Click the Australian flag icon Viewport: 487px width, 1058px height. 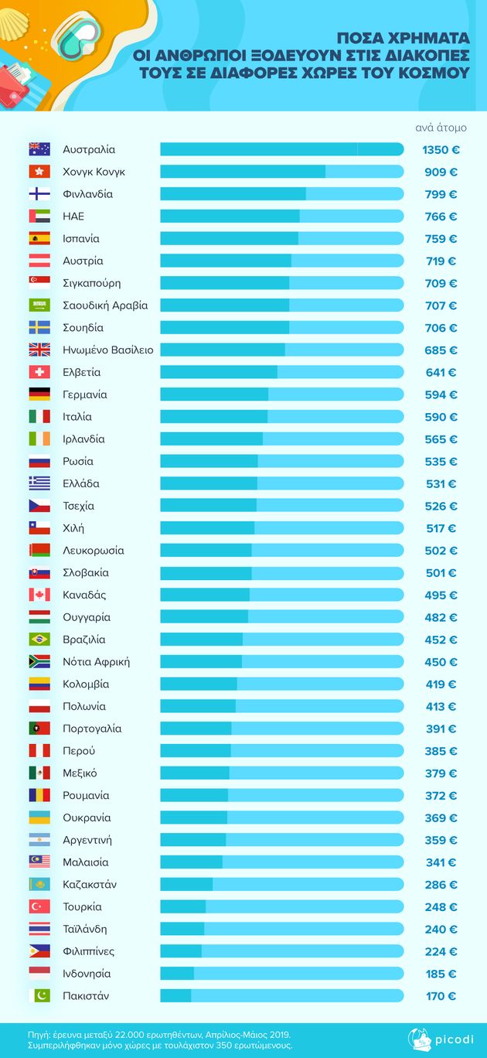39,149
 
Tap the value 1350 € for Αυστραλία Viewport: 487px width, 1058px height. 441,149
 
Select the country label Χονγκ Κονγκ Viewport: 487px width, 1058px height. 94,172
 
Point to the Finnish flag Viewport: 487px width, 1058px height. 39,194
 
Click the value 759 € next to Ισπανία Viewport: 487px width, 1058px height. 441,239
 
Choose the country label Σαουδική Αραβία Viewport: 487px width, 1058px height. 105,305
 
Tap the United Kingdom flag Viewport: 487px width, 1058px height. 39,350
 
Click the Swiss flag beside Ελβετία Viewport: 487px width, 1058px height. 39,373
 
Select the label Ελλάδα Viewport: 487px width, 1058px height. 81,484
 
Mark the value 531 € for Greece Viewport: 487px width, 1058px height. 441,484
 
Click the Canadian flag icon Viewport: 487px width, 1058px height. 39,595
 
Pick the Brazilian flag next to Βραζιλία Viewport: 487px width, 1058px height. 39,640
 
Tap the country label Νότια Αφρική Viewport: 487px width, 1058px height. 96,662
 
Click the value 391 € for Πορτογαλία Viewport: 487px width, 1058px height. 441,729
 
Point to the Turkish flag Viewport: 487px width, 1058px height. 39,906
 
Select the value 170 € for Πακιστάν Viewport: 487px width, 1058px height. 441,996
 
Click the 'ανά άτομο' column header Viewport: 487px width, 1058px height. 441,128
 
